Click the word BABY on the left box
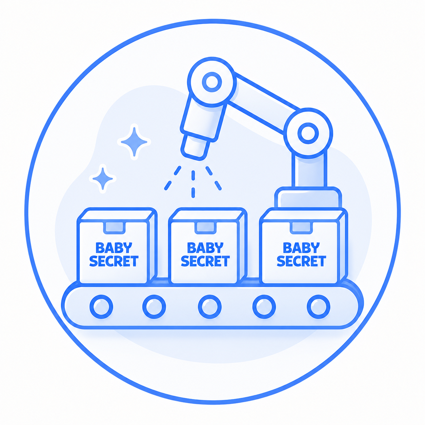pos(114,247)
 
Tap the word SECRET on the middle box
pos(205,261)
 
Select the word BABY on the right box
pos(301,247)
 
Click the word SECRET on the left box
pos(114,261)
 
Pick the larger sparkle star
pos(134,142)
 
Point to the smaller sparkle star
pos(103,178)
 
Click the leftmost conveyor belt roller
pos(101,307)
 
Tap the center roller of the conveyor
pos(210,307)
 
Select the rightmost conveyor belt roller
pos(319,307)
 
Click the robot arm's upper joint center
pos(212,82)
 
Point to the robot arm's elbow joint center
pos(308,133)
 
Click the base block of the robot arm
pos(308,198)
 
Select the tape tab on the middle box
pos(205,227)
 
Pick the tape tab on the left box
pos(115,227)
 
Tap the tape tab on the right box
pos(302,227)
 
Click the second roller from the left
pos(154,307)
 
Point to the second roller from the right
pos(264,307)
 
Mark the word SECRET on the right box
pos(301,261)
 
